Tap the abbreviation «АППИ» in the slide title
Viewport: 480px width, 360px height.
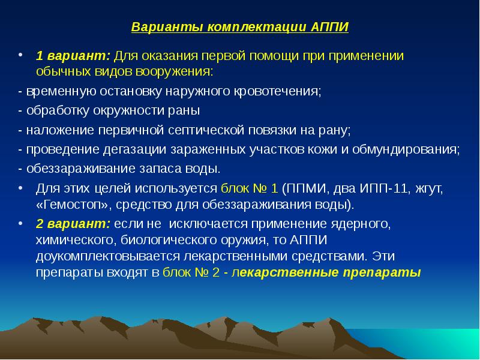point(330,28)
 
